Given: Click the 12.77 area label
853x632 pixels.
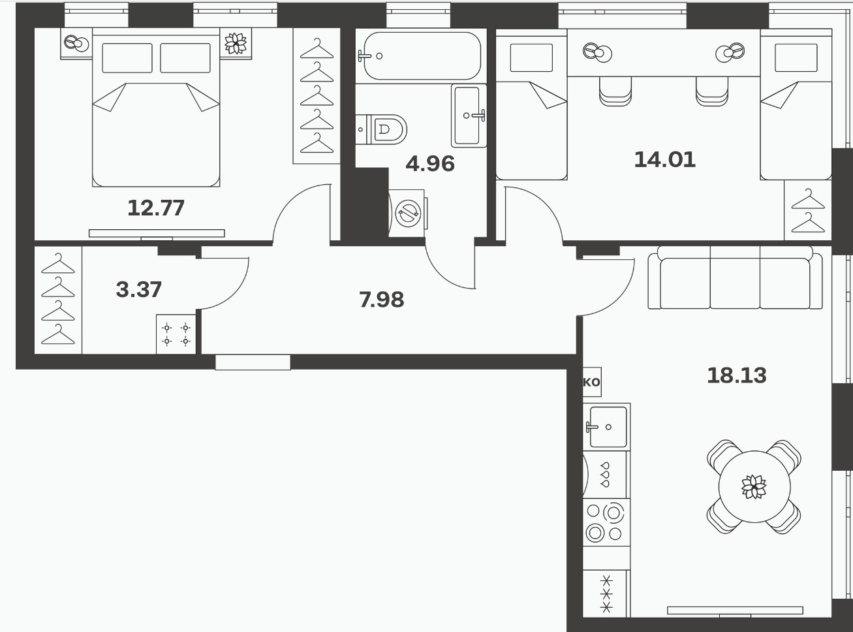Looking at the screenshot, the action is (x=156, y=208).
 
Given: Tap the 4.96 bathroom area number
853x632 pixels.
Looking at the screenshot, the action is (x=430, y=164).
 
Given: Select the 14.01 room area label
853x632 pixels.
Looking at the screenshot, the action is (x=664, y=159).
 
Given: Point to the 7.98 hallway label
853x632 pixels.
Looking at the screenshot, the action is (x=382, y=300).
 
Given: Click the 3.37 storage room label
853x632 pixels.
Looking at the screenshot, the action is (x=138, y=289).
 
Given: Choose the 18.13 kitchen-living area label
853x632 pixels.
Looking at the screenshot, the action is (x=736, y=375).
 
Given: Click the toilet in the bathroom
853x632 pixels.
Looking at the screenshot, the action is (x=381, y=129).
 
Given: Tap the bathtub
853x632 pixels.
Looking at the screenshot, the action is (x=421, y=55).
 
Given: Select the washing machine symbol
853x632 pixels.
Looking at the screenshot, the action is (x=408, y=213).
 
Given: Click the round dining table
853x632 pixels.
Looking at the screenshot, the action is (x=754, y=486).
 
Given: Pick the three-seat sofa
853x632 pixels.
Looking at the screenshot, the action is (x=735, y=277).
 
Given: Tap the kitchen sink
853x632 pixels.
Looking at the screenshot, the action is (x=606, y=427).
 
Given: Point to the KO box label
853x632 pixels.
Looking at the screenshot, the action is (x=592, y=382).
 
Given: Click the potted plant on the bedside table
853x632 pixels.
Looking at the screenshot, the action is (x=236, y=44).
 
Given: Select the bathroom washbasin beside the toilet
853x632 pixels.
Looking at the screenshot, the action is (x=469, y=116).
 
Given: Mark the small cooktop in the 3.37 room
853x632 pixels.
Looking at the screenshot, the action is (x=176, y=334).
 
